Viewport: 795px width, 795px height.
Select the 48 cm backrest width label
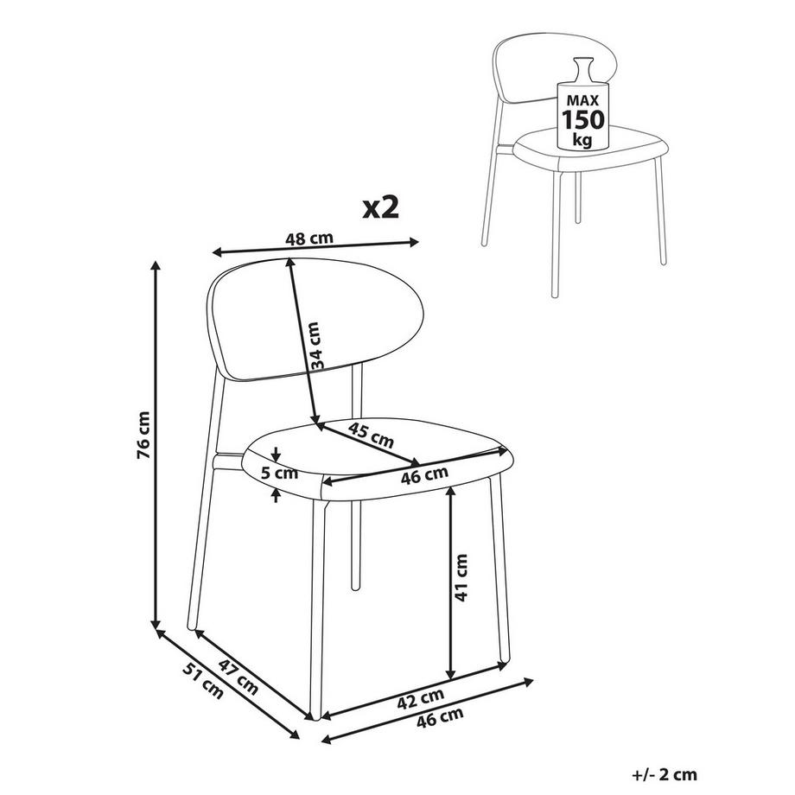coord(309,239)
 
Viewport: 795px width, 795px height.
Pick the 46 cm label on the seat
coord(425,474)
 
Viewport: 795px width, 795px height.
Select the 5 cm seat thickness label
coord(279,473)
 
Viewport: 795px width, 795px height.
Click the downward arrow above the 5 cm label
coord(275,455)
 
